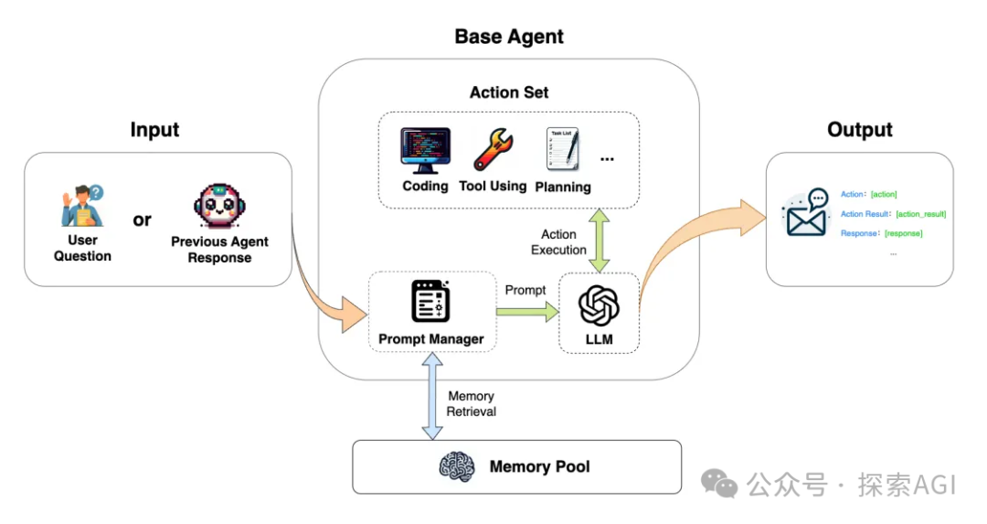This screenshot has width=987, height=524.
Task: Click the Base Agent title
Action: (509, 37)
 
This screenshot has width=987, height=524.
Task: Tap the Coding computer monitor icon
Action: (425, 151)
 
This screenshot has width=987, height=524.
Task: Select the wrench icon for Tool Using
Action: (493, 150)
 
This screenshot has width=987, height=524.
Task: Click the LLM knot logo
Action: (599, 305)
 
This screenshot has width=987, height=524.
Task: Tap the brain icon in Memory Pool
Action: (457, 466)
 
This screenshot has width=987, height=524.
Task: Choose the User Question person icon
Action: (82, 206)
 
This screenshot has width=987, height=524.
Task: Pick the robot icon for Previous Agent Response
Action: (219, 206)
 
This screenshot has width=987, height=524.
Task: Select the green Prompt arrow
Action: (526, 312)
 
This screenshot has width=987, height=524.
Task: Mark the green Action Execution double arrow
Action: (599, 240)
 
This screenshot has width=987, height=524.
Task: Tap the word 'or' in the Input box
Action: (143, 219)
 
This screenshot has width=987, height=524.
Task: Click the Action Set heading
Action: (509, 92)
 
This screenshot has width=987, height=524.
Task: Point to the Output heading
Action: (859, 130)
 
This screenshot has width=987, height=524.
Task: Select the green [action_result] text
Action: (920, 214)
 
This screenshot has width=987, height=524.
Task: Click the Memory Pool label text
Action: (539, 466)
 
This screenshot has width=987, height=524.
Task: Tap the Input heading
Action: (154, 130)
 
